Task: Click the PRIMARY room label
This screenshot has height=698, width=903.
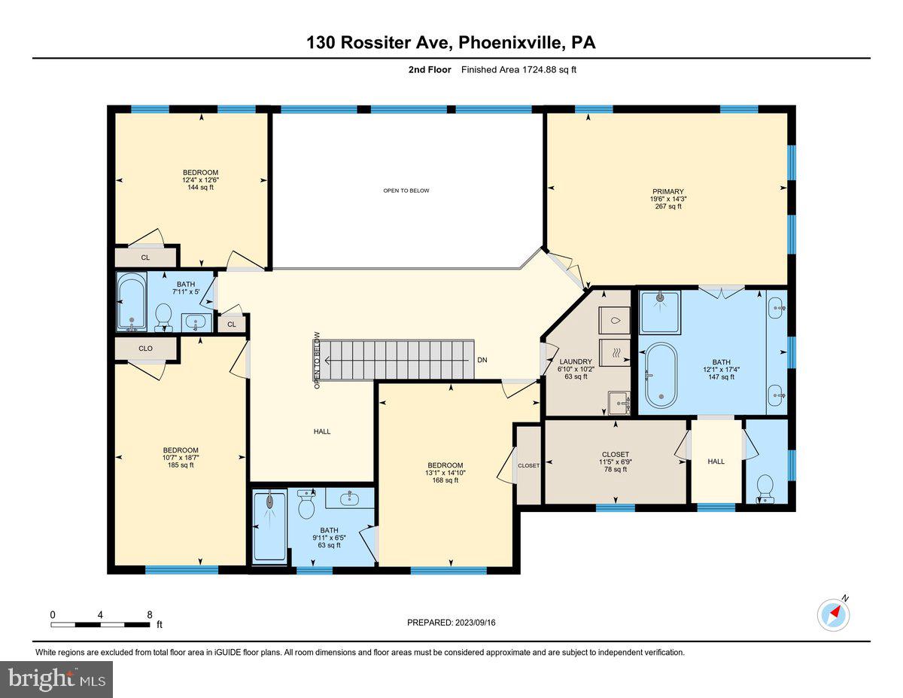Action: (x=667, y=191)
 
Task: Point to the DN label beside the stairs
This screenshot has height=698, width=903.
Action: (x=482, y=360)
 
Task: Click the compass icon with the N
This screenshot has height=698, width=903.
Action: (x=834, y=614)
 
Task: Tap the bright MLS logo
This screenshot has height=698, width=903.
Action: (x=56, y=679)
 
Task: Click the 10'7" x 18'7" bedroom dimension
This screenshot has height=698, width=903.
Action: (x=181, y=458)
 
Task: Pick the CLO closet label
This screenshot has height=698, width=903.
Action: (x=145, y=349)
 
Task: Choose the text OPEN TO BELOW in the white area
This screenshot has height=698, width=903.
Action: (x=406, y=191)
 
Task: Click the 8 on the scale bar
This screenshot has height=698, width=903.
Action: (x=150, y=614)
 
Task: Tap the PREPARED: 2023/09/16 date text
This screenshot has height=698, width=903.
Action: (x=452, y=623)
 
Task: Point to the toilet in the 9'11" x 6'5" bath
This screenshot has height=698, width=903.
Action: (x=306, y=506)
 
